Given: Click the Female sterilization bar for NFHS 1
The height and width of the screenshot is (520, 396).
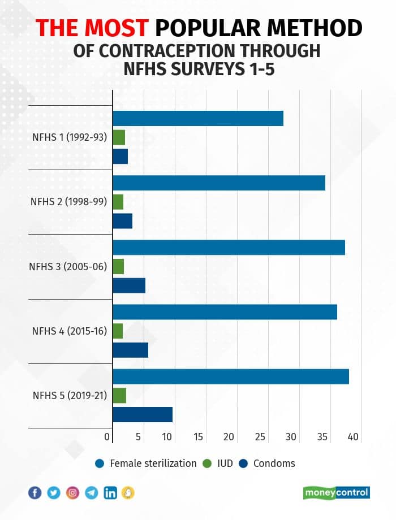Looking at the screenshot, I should coord(198,119).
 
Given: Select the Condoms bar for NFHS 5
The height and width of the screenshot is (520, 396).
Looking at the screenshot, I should coord(143,415).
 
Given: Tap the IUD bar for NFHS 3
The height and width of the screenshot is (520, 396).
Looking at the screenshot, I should coord(118,267).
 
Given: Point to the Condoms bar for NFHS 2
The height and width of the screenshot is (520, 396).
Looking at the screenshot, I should coord(123,221).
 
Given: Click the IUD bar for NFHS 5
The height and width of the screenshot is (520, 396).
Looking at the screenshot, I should coord(119,396).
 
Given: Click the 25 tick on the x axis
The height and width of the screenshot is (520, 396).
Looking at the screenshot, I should coord(260,437).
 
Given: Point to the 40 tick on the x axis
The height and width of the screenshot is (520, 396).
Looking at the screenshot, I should coord(353,437).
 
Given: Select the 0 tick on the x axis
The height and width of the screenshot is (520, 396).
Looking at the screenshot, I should coord(107,437).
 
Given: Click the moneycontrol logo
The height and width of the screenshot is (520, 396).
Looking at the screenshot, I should coord(337,493).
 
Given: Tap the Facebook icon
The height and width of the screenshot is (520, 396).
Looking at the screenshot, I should coord(35,493).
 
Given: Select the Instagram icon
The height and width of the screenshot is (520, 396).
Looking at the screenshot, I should coord(72,493).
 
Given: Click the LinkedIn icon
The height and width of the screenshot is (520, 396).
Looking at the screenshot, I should coord(110,493).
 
